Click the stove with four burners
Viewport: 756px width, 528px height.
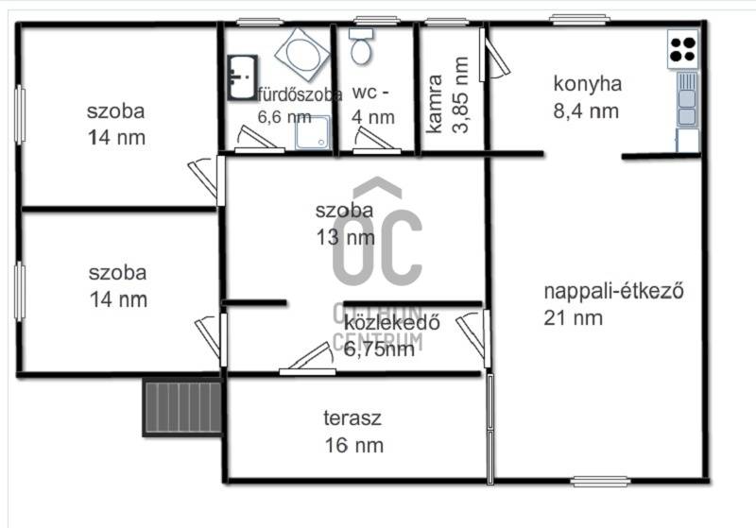point(683,49)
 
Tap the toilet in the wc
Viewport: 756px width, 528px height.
point(361,46)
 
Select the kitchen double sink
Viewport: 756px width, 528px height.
point(687,99)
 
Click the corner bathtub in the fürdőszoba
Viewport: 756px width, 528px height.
point(302,54)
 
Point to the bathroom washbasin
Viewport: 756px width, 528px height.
point(242,77)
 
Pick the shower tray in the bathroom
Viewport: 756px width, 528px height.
point(313,132)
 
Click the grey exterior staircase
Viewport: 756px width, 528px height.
point(182,407)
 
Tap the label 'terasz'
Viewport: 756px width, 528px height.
point(352,417)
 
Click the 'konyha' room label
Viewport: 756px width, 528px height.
point(587,84)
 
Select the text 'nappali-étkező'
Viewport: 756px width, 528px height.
point(613,291)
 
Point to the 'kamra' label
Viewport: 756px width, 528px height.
point(435,104)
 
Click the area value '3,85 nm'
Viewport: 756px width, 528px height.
point(460,94)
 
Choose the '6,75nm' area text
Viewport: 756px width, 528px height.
point(379,349)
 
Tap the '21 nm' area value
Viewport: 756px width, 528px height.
point(574,318)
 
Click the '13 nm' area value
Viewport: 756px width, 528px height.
point(345,237)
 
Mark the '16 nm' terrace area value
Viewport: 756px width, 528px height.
point(354,445)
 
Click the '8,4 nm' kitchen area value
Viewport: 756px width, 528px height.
point(586,111)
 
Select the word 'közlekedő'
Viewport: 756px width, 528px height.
point(392,322)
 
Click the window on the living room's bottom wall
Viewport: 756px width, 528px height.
point(600,482)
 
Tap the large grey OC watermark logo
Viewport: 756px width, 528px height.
point(377,236)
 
